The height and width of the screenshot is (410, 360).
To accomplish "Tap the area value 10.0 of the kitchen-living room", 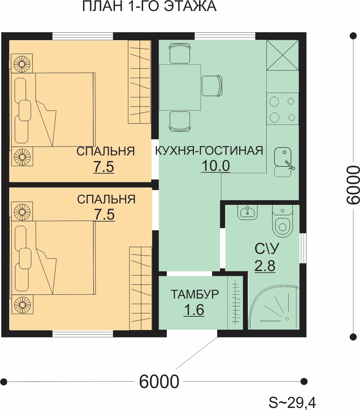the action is pyautogui.click(x=216, y=165).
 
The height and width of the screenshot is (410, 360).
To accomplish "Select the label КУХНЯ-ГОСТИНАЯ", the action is pyautogui.click(x=209, y=151).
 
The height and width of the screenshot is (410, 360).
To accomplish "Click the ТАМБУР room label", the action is pyautogui.click(x=195, y=294).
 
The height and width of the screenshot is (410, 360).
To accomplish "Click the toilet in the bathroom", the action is pyautogui.click(x=282, y=221).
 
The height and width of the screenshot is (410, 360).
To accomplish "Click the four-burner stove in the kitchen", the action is pyautogui.click(x=283, y=109).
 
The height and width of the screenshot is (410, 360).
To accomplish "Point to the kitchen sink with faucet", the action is pyautogui.click(x=283, y=162).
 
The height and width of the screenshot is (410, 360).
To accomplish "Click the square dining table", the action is pyautogui.click(x=180, y=87).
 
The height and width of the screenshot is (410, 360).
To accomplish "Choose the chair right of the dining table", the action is pyautogui.click(x=212, y=86).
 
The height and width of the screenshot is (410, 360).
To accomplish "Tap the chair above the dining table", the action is pyautogui.click(x=180, y=54).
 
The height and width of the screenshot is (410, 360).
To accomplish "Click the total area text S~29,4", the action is pyautogui.click(x=292, y=402).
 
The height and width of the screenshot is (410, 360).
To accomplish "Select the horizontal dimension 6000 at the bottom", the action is pyautogui.click(x=159, y=382).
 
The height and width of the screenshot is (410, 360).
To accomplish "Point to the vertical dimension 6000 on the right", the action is pyautogui.click(x=353, y=185).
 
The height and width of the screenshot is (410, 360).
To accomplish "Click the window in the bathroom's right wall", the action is pyautogui.click(x=303, y=248).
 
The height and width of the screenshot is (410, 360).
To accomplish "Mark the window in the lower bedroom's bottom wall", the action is pyautogui.click(x=83, y=333).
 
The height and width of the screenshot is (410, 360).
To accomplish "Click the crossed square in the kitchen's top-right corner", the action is pyautogui.click(x=283, y=55).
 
